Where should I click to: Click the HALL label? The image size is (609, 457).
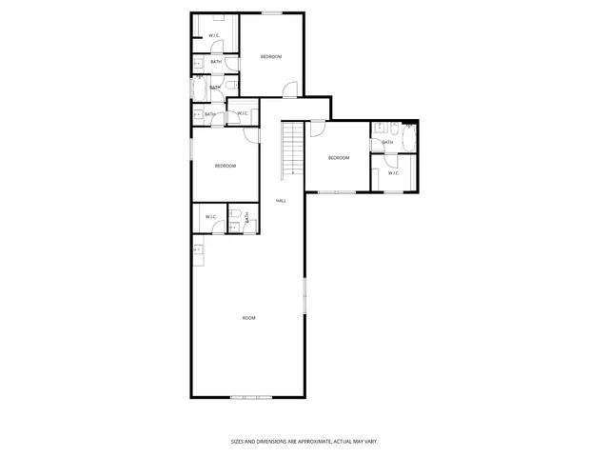coord(281,201)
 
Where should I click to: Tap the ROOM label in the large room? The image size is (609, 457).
coord(248,317)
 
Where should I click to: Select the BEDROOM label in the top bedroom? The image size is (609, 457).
coord(271,57)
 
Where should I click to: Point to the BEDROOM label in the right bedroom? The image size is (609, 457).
coord(339,157)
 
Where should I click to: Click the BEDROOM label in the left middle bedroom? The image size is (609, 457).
coord(225,167)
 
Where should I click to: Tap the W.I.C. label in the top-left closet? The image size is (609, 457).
coord(214,36)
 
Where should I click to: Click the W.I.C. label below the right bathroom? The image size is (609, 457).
coord(393,173)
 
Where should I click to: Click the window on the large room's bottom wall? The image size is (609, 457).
coord(251,396)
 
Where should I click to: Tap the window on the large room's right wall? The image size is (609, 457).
coord(304,299)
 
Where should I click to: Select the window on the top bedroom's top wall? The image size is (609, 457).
coord(272,12)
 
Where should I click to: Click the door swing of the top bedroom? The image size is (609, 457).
coord(289,90)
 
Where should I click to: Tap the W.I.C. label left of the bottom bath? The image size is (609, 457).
coord(210,217)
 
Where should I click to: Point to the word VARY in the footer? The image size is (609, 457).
coord(371,441)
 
